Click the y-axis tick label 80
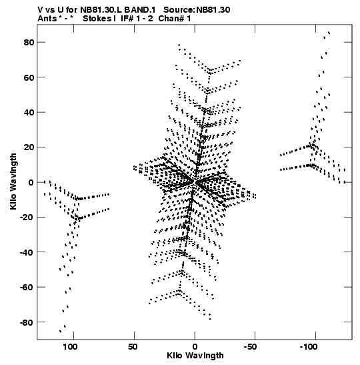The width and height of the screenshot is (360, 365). tap(29, 42)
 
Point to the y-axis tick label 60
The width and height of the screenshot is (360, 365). tap(29, 77)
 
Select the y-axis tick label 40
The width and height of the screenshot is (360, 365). tap(29, 112)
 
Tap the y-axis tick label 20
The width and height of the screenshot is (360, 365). tap(29, 147)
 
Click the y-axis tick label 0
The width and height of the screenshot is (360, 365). tap(31, 182)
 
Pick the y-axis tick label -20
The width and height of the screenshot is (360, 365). tap(27, 217)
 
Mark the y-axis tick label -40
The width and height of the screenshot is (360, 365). tap(27, 252)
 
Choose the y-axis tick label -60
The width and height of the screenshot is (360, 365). tap(27, 287)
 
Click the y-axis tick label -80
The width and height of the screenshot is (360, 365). tap(27, 322)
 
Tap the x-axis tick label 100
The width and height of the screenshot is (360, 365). tap(71, 347)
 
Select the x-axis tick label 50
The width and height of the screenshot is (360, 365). tap(133, 347)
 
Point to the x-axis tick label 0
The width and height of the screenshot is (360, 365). tap(195, 347)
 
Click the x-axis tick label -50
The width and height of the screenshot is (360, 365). tap(250, 347)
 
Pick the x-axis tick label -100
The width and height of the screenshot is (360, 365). tap(309, 347)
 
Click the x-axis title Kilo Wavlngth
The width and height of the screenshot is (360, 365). tap(195, 356)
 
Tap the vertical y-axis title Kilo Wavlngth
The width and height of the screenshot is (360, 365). tap(13, 181)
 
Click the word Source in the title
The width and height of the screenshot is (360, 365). tap(179, 10)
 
